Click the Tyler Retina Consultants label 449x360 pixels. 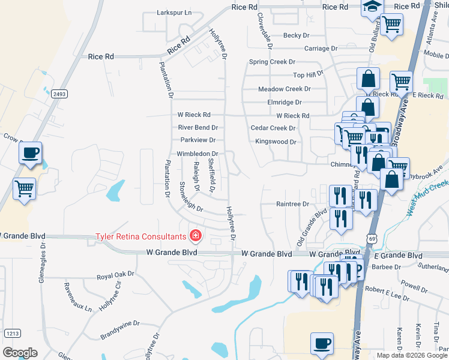point(141,235)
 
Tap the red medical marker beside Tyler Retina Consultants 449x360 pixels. point(194,235)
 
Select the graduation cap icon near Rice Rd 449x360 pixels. point(372,7)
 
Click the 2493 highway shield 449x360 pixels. point(59,94)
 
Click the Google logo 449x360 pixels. point(20,353)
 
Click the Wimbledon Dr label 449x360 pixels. point(197,154)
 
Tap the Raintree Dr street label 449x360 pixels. point(292,204)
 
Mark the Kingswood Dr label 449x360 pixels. point(276,142)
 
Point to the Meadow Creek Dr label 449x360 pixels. point(284,89)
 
